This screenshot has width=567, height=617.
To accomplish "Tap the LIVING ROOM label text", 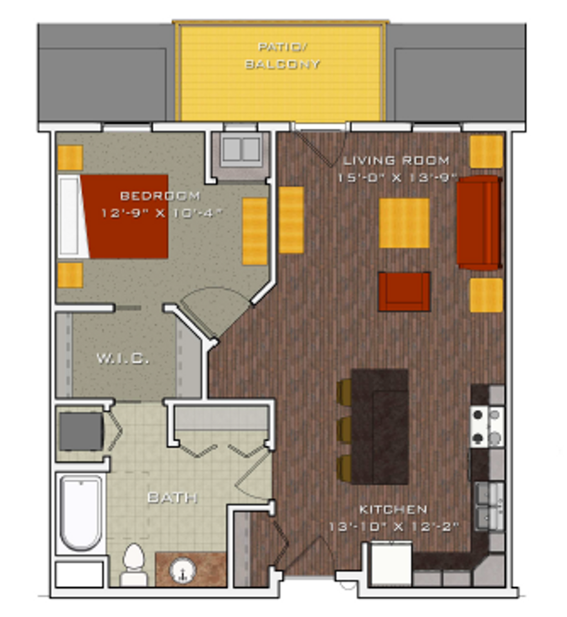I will (396, 160).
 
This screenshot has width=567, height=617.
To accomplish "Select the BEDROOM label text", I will (160, 195).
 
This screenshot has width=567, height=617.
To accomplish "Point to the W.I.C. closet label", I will (123, 359).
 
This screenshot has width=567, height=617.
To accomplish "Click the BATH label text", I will (172, 497).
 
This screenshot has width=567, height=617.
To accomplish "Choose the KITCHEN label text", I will (393, 510).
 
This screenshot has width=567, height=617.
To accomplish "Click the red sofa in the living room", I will (479, 222).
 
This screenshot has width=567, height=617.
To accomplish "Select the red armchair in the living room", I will (404, 291).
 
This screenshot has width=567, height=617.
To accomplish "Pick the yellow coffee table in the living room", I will (404, 222).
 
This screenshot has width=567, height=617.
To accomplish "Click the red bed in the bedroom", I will (125, 216).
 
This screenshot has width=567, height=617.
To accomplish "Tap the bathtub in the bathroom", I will (80, 512).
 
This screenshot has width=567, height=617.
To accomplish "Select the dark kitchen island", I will (380, 426).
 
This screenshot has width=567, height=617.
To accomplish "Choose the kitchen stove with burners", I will (487, 426).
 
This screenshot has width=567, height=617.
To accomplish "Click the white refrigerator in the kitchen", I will (391, 564).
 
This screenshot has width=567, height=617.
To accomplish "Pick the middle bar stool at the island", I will (344, 429).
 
